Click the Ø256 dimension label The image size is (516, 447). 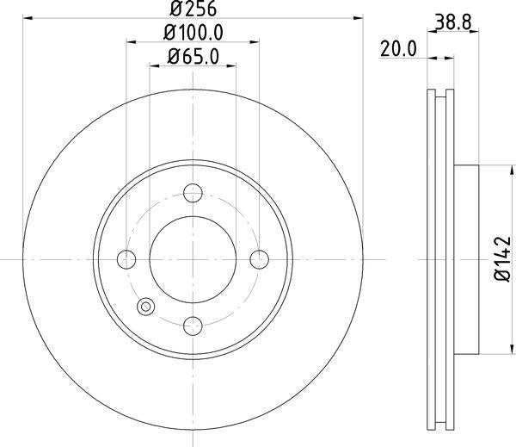(193, 9)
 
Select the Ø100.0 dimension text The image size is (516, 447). (193, 33)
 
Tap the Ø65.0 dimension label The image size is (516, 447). (193, 57)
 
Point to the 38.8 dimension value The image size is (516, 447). (453, 22)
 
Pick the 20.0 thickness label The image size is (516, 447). (398, 49)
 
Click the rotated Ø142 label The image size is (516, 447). (502, 259)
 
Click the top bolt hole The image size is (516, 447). (193, 193)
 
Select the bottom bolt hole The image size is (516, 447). (193, 326)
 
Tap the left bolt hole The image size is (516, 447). (126, 259)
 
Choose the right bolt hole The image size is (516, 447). (260, 259)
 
